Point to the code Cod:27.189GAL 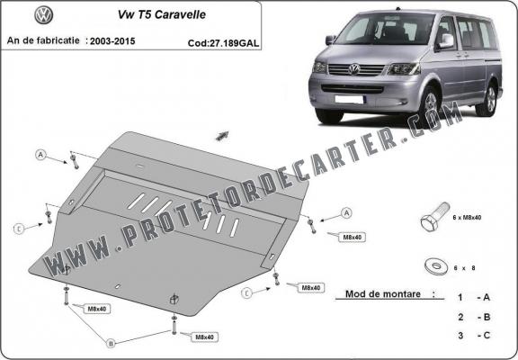click(x=225, y=41)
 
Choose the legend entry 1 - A click(x=473, y=296)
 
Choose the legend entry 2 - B click(x=473, y=317)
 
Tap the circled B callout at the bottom click(x=111, y=342)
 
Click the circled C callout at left click(x=18, y=229)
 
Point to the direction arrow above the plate click(x=221, y=135)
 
